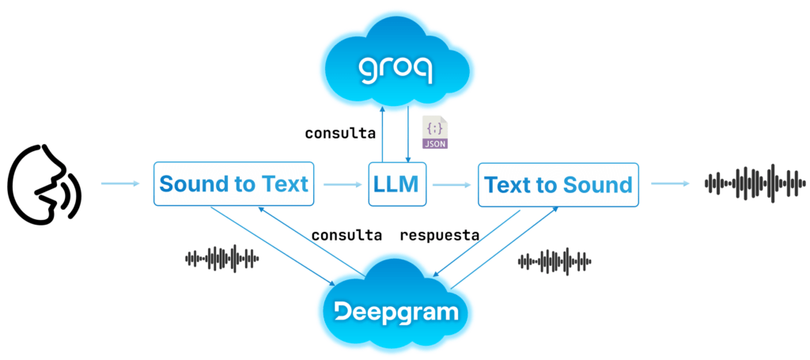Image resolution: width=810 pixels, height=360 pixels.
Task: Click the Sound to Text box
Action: [234, 184]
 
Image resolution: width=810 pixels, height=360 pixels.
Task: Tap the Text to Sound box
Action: [558, 184]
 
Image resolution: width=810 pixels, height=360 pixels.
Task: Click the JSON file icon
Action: [435, 133]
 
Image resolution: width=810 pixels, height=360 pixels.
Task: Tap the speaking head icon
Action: [44, 184]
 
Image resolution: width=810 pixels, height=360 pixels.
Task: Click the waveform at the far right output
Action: [755, 184]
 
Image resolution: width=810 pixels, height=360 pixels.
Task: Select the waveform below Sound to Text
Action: [222, 257]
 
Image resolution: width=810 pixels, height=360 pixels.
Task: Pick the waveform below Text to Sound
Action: [555, 261]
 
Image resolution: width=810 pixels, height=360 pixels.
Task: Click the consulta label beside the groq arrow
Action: [340, 133]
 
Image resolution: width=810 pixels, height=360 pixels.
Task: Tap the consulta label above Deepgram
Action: [346, 236]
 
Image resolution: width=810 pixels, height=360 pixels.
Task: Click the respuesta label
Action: [440, 236]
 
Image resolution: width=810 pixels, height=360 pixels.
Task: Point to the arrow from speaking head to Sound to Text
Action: [120, 184]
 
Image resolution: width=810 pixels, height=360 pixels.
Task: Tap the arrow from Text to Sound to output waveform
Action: [671, 184]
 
